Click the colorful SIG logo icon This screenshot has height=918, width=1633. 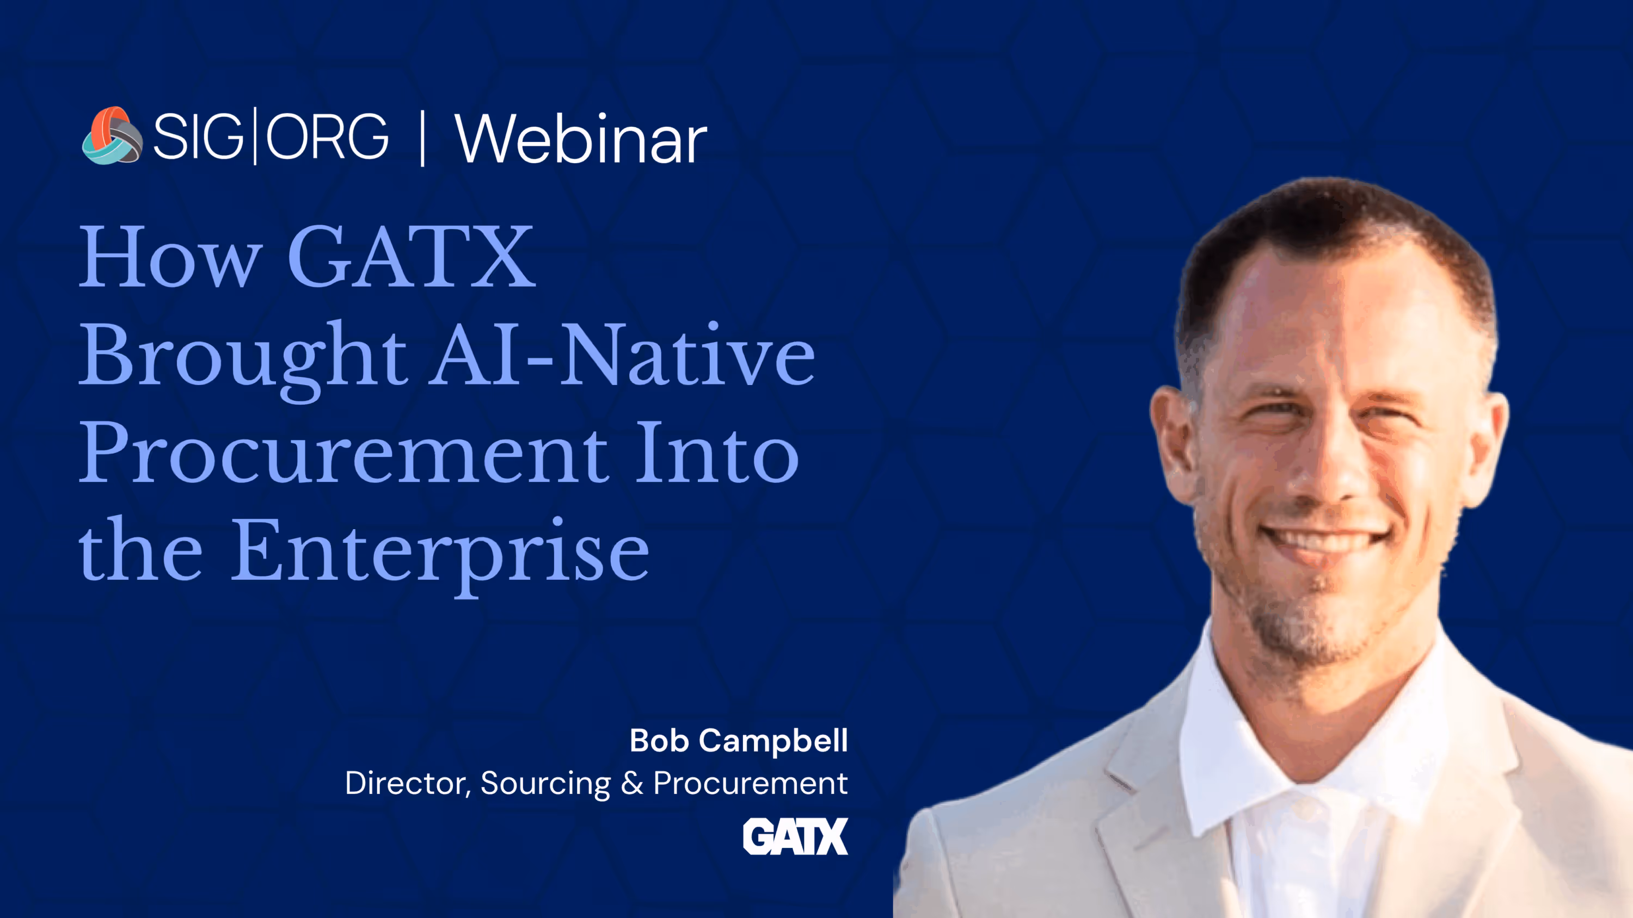pyautogui.click(x=112, y=135)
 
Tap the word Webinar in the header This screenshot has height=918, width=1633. pyautogui.click(x=580, y=139)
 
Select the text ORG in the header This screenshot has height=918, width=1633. pyautogui.click(x=327, y=136)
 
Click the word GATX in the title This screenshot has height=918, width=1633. pyautogui.click(x=412, y=257)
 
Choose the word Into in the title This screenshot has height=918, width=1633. pyautogui.click(x=716, y=454)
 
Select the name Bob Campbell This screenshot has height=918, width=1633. pyautogui.click(x=738, y=740)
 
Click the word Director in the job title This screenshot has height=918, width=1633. pyautogui.click(x=406, y=783)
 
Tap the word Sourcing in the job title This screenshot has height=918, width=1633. pyautogui.click(x=545, y=783)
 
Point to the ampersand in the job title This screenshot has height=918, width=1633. pyautogui.click(x=632, y=783)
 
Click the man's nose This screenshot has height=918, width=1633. pyautogui.click(x=1325, y=469)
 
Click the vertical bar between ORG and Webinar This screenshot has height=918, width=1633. pyautogui.click(x=422, y=137)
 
